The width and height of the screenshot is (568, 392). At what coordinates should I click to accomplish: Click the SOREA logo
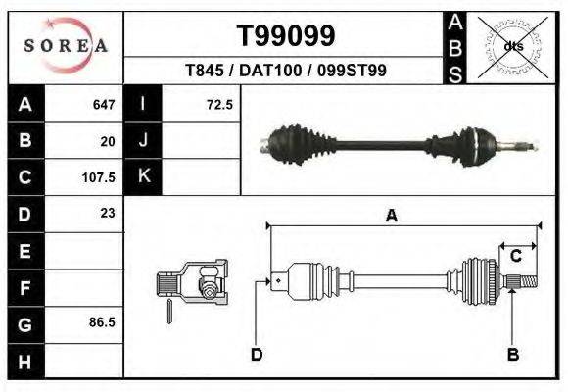[x=66, y=45]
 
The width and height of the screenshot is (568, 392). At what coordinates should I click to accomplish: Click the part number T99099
[x=287, y=36]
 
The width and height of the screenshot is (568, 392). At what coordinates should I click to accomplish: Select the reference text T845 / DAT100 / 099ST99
[x=287, y=71]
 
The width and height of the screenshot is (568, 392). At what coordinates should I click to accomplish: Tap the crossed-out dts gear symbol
[x=512, y=45]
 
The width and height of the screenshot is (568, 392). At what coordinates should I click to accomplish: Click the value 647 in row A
[x=104, y=104]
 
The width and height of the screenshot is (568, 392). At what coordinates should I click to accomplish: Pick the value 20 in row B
[x=108, y=141]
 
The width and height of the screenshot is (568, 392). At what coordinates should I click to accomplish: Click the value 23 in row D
[x=108, y=213]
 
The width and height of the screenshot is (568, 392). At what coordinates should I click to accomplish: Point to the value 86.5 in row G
[x=102, y=321]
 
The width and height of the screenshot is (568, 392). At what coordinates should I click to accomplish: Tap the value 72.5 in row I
[x=218, y=104]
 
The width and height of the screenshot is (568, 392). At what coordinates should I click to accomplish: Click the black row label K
[x=143, y=177]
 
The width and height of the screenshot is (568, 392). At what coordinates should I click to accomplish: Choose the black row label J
[x=143, y=141]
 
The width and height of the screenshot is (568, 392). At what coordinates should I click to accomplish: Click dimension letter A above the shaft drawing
[x=391, y=217]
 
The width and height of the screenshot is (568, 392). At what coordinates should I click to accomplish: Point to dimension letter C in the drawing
[x=515, y=256]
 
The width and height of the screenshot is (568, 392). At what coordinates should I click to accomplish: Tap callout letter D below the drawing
[x=256, y=354]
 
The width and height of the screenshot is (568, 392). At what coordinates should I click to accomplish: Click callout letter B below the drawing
[x=511, y=354]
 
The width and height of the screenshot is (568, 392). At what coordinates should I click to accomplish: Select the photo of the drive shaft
[x=397, y=146]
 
